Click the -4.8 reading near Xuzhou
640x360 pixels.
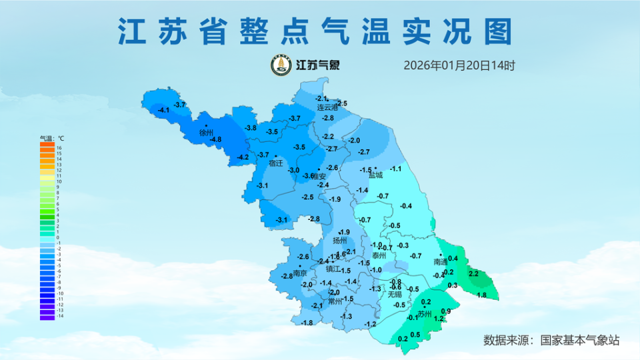click(x=216, y=139)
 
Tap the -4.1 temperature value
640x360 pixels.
click(x=163, y=110)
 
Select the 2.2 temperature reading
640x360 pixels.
click(x=474, y=274)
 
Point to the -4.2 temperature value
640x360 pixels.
click(x=243, y=157)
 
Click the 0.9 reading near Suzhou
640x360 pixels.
click(x=446, y=311)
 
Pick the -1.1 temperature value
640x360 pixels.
click(x=396, y=169)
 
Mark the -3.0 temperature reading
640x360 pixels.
click(x=293, y=171)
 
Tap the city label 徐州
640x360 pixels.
click(x=206, y=133)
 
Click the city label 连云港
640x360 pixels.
click(x=327, y=107)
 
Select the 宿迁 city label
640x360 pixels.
click(x=276, y=163)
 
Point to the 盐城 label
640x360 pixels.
click(x=376, y=175)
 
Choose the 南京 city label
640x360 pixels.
click(x=300, y=273)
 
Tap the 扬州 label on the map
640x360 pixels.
click(x=340, y=241)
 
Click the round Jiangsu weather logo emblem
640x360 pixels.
click(x=281, y=65)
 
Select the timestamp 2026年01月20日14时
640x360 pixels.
click(x=459, y=65)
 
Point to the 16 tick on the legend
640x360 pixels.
click(x=59, y=148)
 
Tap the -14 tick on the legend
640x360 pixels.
click(x=59, y=316)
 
